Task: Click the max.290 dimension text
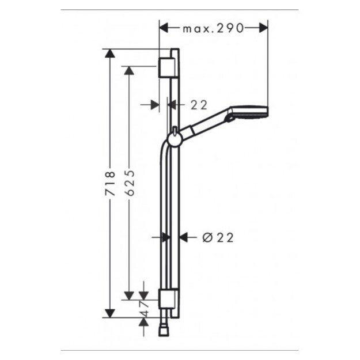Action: pyautogui.click(x=214, y=28)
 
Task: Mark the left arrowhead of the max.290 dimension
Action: pyautogui.click(x=164, y=27)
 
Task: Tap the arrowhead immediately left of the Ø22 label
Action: pyautogui.click(x=184, y=236)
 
